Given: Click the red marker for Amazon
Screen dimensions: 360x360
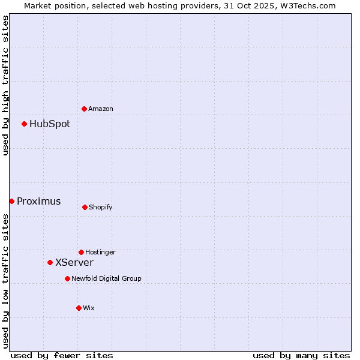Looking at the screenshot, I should pyautogui.click(x=85, y=109).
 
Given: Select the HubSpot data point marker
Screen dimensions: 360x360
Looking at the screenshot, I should pyautogui.click(x=25, y=124).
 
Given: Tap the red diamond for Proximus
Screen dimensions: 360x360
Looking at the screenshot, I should pyautogui.click(x=11, y=201).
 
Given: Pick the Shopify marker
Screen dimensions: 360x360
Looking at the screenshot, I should pyautogui.click(x=85, y=207).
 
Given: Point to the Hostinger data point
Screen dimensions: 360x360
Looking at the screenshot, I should pyautogui.click(x=81, y=252).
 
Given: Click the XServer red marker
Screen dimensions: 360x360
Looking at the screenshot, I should pyautogui.click(x=50, y=262).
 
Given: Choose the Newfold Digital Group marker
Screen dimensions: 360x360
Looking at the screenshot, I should pyautogui.click(x=67, y=278).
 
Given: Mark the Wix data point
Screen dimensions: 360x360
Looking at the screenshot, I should pyautogui.click(x=79, y=308).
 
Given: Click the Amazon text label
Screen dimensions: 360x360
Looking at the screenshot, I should pyautogui.click(x=101, y=109).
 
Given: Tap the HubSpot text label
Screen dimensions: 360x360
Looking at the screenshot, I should pyautogui.click(x=50, y=124).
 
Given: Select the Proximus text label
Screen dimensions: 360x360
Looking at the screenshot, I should pyautogui.click(x=38, y=201).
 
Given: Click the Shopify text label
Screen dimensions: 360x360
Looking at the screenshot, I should pyautogui.click(x=101, y=207).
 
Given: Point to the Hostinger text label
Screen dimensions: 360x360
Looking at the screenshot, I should pyautogui.click(x=100, y=252).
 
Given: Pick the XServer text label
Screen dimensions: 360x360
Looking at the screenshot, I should pyautogui.click(x=74, y=262).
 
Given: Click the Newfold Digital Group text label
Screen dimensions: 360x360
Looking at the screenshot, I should pyautogui.click(x=106, y=278).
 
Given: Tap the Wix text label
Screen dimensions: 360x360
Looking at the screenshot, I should pyautogui.click(x=89, y=308).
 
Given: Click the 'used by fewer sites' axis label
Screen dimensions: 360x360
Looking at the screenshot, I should pyautogui.click(x=62, y=355).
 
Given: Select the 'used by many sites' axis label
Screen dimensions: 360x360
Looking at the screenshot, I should pyautogui.click(x=301, y=355).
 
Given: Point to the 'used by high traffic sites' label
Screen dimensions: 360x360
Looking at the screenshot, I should pyautogui.click(x=5, y=85).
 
